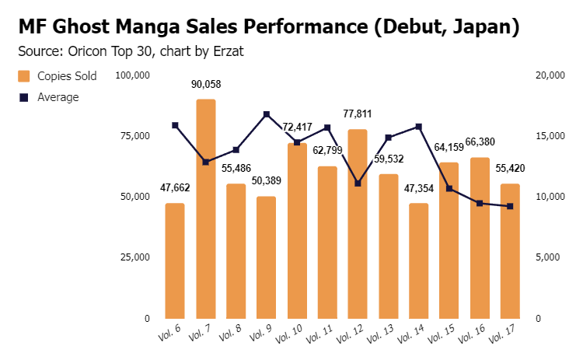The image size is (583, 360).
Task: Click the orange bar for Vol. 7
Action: pos(206,208)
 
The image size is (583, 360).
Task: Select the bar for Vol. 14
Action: pos(419,260)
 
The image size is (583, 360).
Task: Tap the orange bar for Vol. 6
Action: pos(175,260)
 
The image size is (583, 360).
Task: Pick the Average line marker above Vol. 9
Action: pos(267,114)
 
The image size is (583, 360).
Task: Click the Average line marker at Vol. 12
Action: pos(358,183)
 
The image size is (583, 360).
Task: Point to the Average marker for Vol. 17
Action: pos(510,206)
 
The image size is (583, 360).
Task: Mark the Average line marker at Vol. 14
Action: pos(419,127)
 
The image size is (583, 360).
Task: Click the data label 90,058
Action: pos(206,85)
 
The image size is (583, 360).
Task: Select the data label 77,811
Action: pos(358,114)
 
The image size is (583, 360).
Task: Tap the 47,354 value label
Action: pos(419,189)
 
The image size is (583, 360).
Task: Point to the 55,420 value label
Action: pos(510,169)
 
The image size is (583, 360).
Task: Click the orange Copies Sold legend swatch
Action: pos(24,76)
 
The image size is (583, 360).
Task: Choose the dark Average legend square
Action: pos(24,97)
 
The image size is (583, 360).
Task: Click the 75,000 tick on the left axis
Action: pos(135,136)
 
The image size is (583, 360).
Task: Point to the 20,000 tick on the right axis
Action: pos(550,75)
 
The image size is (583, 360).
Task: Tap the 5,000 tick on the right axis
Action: pos(548,257)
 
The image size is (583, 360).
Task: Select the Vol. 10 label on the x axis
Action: pos(289,334)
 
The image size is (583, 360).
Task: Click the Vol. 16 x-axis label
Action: pos(471,334)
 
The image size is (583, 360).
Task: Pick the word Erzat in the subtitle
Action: pos(229,51)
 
